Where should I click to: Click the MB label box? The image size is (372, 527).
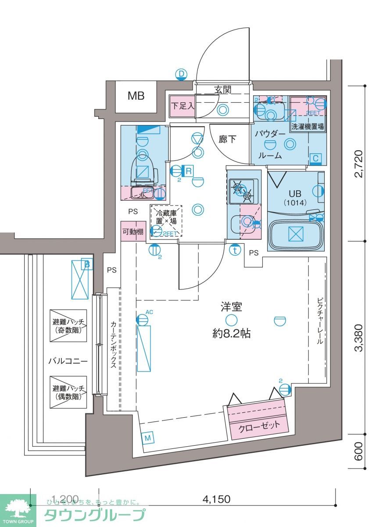click(x=136, y=96)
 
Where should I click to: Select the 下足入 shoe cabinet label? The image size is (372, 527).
click(x=182, y=106)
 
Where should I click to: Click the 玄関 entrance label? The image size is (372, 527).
click(x=222, y=90)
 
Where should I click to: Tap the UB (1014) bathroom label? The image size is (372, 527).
click(x=291, y=198)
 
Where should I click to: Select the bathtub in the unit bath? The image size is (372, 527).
click(x=295, y=233)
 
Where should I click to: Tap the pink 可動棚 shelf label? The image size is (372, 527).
click(x=133, y=231)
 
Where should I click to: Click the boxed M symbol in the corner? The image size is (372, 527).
click(x=148, y=438)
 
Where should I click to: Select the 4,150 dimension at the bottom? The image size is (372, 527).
click(x=216, y=499)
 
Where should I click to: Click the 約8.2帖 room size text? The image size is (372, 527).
click(x=231, y=333)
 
